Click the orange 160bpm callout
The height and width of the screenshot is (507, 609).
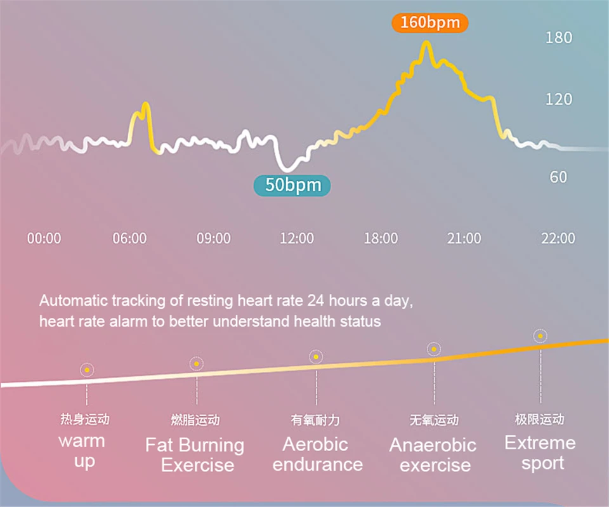click(430, 23)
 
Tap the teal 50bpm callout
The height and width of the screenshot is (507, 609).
click(292, 185)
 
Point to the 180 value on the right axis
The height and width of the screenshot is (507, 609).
click(558, 38)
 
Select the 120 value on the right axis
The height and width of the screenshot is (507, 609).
click(558, 99)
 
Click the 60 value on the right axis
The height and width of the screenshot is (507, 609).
click(558, 177)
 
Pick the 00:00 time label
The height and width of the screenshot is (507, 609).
click(44, 239)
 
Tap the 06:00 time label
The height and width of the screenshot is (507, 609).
click(129, 239)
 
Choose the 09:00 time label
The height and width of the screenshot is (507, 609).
click(214, 239)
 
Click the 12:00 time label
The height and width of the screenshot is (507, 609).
click(297, 239)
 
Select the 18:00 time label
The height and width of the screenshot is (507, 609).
click(381, 239)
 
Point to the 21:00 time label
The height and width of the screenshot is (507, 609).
click(464, 239)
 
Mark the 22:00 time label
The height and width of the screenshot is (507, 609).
click(558, 239)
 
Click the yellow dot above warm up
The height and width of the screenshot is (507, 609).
click(87, 369)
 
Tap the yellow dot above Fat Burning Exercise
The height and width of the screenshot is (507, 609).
click(197, 364)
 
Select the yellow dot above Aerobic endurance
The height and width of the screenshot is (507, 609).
click(316, 357)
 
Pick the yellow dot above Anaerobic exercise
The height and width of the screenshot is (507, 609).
click(434, 349)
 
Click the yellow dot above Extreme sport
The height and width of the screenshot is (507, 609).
click(540, 336)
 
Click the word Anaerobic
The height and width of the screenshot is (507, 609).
click(433, 445)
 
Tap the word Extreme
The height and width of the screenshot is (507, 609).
click(540, 443)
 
